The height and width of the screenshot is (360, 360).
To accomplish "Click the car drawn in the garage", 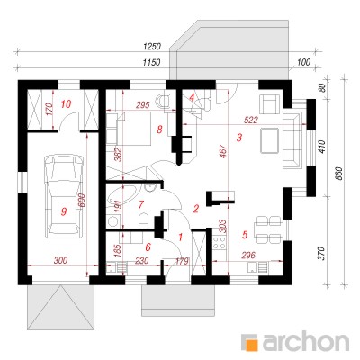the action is (64, 196).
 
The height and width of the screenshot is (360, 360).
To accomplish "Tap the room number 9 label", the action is (63, 211).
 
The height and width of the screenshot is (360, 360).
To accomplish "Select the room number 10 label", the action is (66, 104).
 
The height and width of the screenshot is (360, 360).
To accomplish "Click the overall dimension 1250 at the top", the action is (152, 47).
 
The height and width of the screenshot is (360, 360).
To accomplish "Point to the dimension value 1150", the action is (151, 62).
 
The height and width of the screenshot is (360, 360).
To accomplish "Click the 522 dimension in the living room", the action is (251, 120).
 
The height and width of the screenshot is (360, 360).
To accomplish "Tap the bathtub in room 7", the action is (122, 195).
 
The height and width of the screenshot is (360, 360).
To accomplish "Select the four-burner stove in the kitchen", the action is (220, 243).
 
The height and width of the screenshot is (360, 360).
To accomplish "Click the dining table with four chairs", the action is (268, 230).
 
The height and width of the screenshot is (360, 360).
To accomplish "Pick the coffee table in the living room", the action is (270, 140).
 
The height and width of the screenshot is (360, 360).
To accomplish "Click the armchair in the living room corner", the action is (269, 103).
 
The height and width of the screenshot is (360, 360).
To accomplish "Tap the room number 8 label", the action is (159, 130).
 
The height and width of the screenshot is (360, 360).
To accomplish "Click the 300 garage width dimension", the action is (60, 260).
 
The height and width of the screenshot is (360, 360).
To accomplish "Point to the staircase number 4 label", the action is (192, 97).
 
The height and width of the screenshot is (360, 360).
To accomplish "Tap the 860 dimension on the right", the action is (338, 173).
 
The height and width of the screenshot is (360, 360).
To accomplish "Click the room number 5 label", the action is (245, 235).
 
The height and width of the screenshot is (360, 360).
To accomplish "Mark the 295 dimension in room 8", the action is (142, 105).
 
